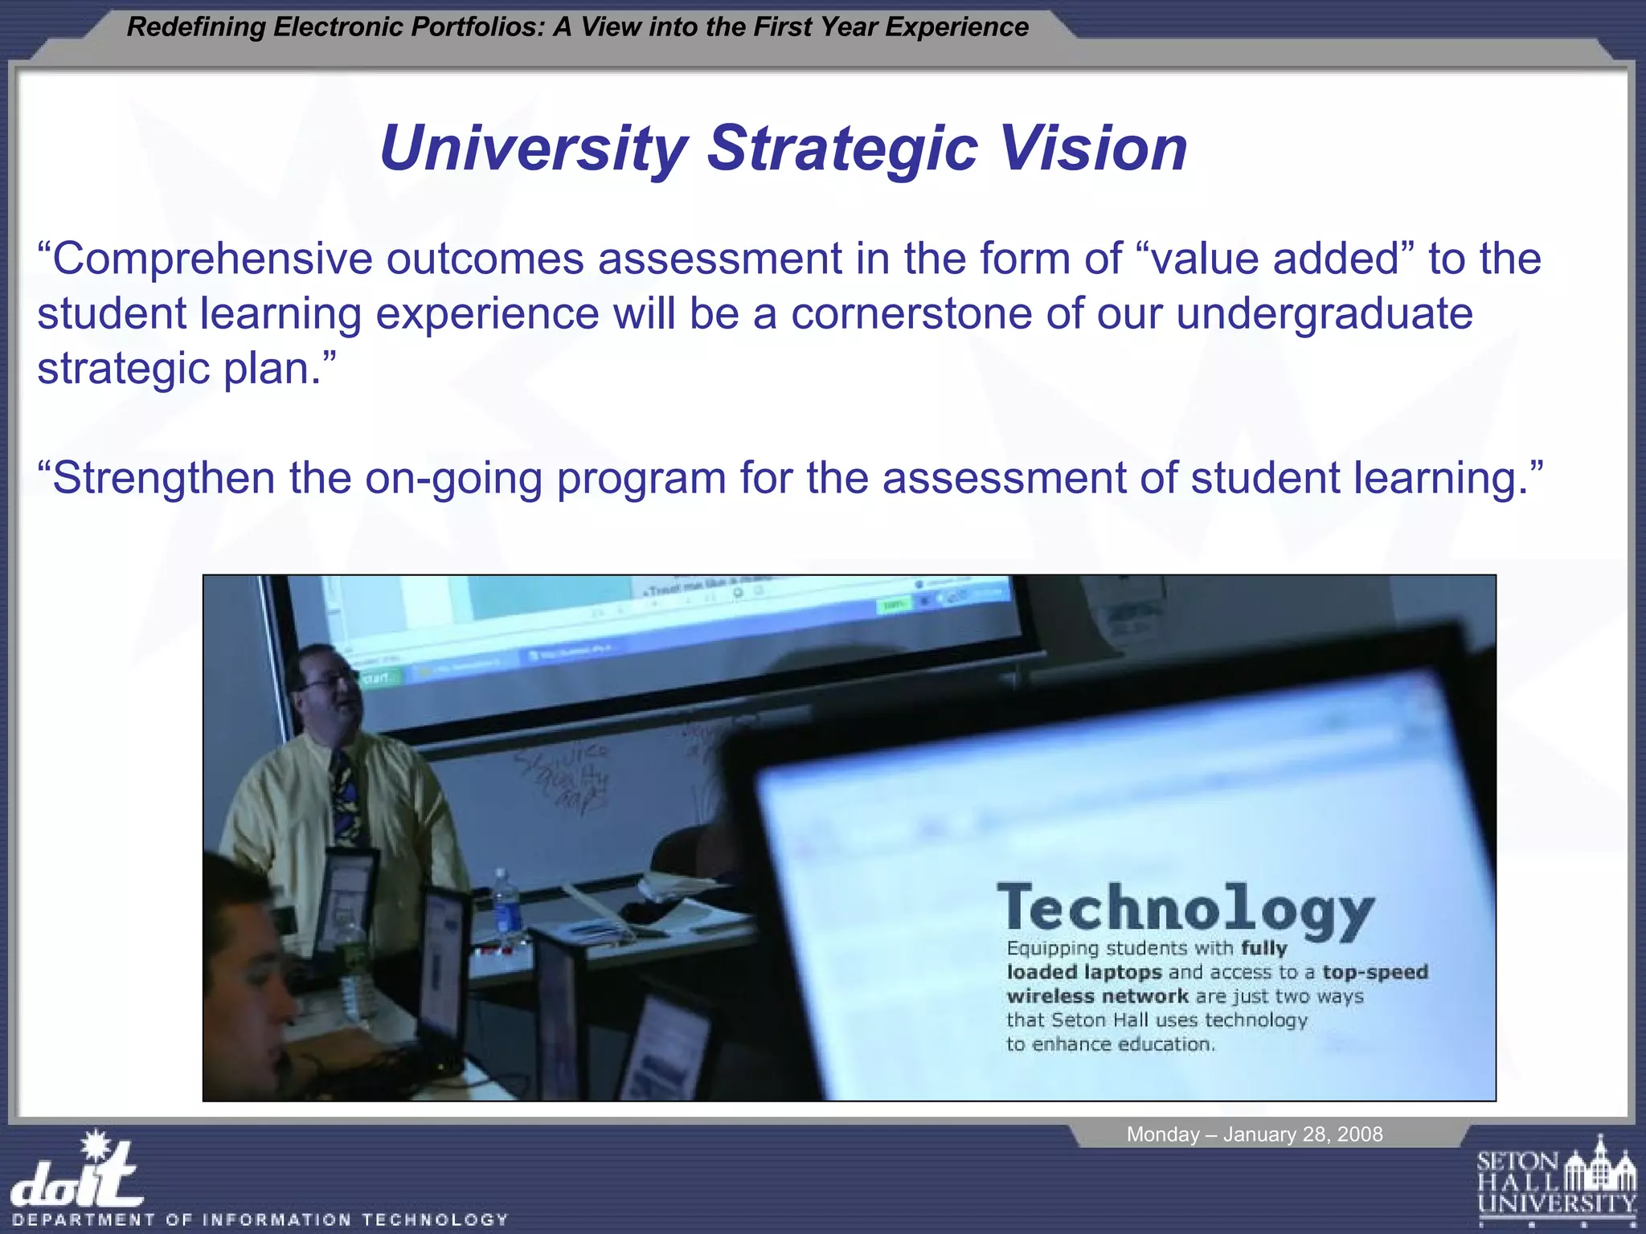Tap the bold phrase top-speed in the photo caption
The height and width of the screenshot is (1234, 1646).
pyautogui.click(x=1375, y=972)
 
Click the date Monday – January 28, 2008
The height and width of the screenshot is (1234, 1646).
pyautogui.click(x=1254, y=1134)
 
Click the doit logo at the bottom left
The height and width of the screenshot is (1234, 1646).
pyautogui.click(x=76, y=1172)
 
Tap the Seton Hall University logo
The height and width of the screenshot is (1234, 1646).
pyautogui.click(x=1556, y=1182)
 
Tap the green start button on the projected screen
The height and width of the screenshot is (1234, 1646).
pyautogui.click(x=378, y=678)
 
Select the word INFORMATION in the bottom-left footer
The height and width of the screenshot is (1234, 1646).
pyautogui.click(x=277, y=1220)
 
